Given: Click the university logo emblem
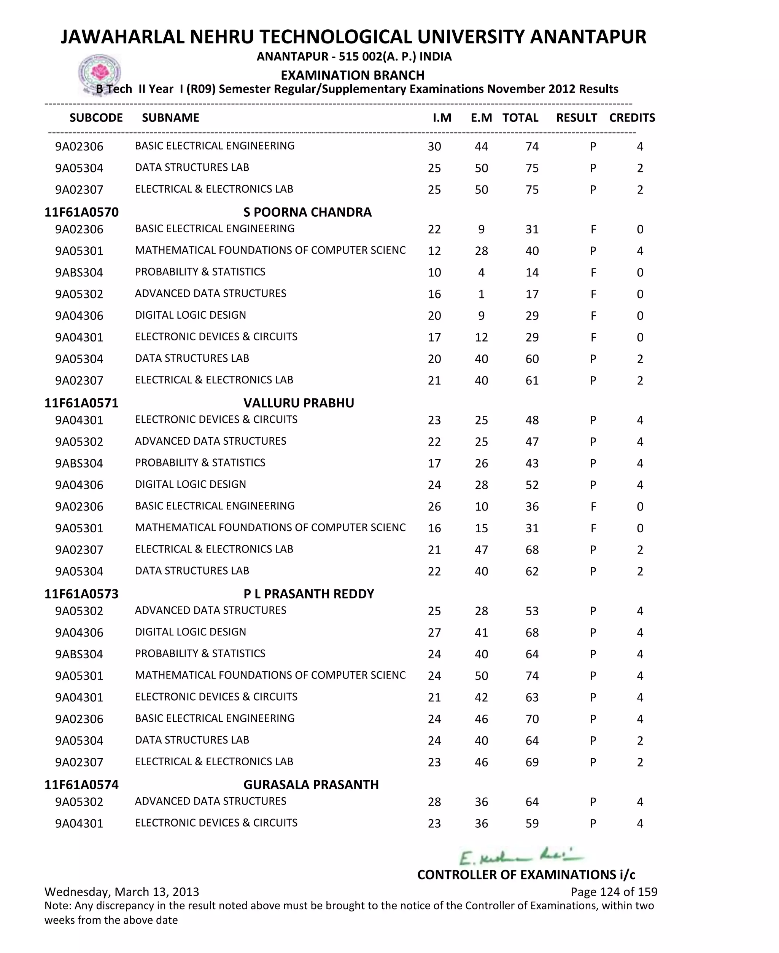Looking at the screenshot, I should pyautogui.click(x=100, y=73).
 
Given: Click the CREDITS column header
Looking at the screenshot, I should pyautogui.click(x=632, y=118).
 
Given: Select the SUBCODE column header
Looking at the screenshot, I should pyautogui.click(x=96, y=118).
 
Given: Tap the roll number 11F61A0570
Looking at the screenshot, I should pyautogui.click(x=82, y=212).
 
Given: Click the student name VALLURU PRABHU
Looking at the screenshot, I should pyautogui.click(x=299, y=403).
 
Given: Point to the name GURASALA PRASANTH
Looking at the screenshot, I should pyautogui.click(x=311, y=785).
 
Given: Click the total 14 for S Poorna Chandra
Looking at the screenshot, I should pyautogui.click(x=532, y=273).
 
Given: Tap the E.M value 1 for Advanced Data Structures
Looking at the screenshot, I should pyautogui.click(x=482, y=294).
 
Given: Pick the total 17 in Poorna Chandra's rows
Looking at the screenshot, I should pyautogui.click(x=532, y=294).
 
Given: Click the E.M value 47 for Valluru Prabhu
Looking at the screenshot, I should pyautogui.click(x=482, y=550).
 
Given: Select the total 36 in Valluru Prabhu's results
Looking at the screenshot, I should pyautogui.click(x=532, y=507).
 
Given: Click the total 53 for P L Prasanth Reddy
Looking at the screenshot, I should pyautogui.click(x=532, y=611).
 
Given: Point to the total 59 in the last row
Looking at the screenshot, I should pyautogui.click(x=532, y=823).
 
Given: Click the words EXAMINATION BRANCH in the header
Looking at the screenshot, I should pyautogui.click(x=353, y=75).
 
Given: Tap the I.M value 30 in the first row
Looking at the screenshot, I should pyautogui.click(x=434, y=147).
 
